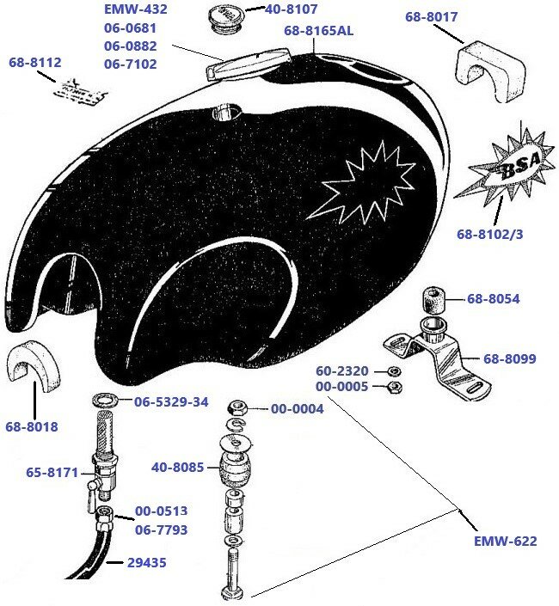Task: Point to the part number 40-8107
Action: (x=292, y=10)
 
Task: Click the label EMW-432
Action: (x=135, y=10)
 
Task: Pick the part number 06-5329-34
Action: (x=171, y=401)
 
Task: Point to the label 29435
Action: (x=146, y=563)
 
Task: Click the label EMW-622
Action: (x=505, y=541)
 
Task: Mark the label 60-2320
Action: (x=341, y=370)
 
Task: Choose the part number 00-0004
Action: (x=297, y=409)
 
